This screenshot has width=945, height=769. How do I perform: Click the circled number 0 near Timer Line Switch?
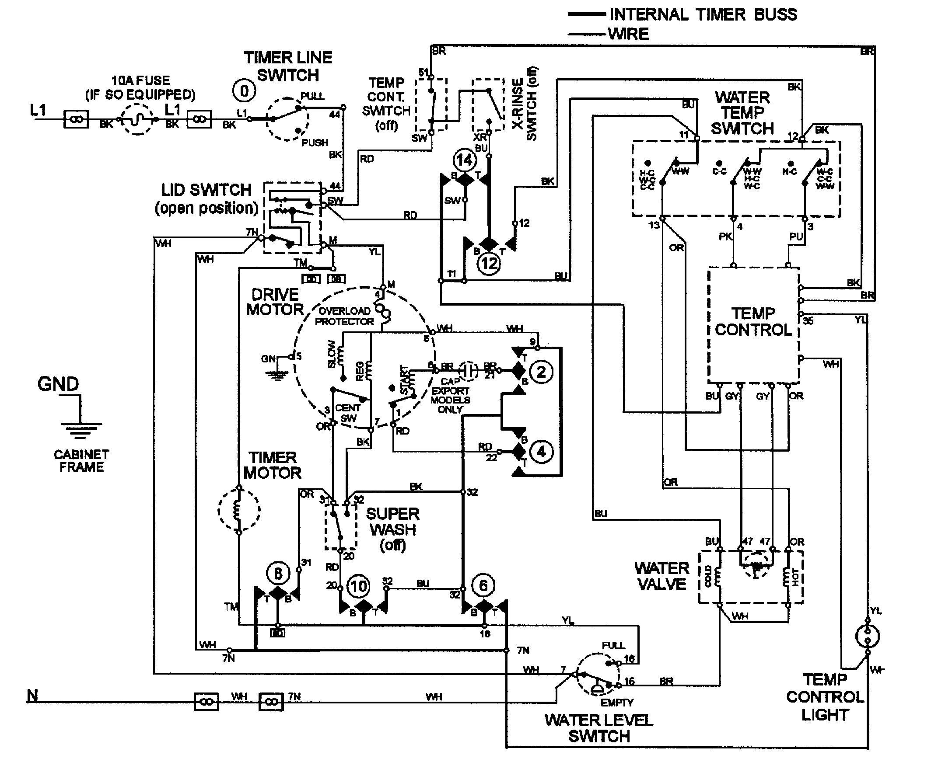point(244,91)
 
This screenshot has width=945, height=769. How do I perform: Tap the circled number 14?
point(465,160)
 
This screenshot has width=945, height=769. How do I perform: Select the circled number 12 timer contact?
point(489,264)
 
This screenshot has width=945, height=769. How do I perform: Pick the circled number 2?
point(541,372)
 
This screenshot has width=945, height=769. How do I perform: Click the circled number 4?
point(541,452)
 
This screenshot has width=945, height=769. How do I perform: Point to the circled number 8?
point(278,574)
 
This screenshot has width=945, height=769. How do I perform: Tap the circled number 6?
point(483,586)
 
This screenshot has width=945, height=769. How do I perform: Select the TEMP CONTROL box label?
point(753,322)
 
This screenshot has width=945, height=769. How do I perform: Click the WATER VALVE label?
point(662,576)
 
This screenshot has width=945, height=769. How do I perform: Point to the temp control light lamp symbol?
point(868,636)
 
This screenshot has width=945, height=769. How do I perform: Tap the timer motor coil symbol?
point(238,510)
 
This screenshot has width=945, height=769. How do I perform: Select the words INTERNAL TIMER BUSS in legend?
point(703,14)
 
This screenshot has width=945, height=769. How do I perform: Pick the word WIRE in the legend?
point(628,34)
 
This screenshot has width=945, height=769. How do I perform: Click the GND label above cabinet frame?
point(58,383)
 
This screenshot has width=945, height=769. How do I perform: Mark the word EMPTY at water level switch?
point(616,703)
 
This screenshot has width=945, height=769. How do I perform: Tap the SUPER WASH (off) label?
point(393,529)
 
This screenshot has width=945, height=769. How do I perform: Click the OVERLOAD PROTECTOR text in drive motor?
point(344,316)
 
